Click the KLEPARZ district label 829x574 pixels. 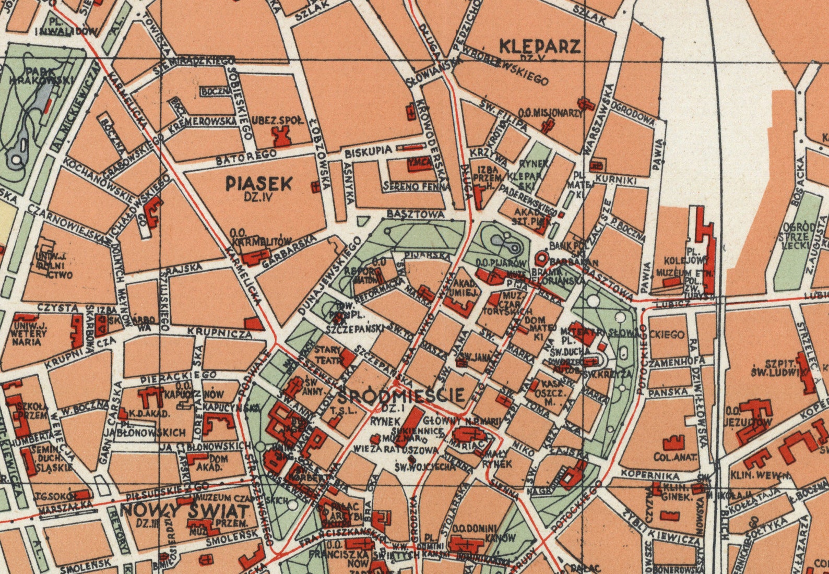540,46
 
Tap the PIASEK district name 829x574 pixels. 259,183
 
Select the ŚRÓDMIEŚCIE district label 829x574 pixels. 401,394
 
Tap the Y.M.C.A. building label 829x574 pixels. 420,163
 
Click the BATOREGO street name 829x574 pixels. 246,157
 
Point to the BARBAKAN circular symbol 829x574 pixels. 541,258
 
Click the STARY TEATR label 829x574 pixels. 328,354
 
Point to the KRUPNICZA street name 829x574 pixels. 219,332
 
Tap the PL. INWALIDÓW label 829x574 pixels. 66,27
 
